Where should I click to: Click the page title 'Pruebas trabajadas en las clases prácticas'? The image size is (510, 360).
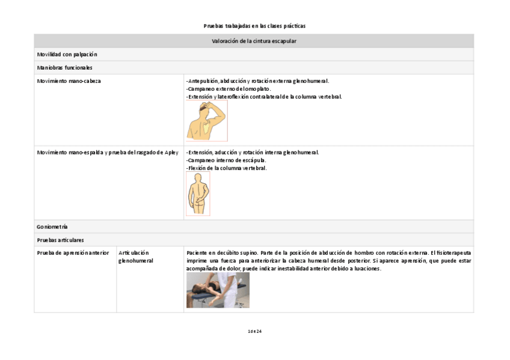click(x=254, y=26)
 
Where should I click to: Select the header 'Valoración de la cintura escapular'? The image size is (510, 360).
click(x=254, y=41)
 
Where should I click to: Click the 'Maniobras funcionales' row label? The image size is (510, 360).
click(x=64, y=68)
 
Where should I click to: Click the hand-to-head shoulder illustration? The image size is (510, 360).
click(x=206, y=121)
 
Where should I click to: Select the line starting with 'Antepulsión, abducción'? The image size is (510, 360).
click(x=257, y=81)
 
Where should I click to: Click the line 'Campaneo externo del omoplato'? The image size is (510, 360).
click(x=229, y=89)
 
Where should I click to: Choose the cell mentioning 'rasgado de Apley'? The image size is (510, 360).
click(x=108, y=153)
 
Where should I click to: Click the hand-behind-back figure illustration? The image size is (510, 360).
click(x=198, y=194)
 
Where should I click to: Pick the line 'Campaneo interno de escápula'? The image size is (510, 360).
click(x=226, y=160)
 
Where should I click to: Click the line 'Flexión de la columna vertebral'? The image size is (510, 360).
click(x=226, y=168)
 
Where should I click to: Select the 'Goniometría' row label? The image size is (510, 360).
click(x=52, y=227)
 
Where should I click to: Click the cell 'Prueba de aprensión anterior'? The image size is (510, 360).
click(x=73, y=253)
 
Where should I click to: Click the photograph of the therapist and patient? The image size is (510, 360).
click(x=218, y=290)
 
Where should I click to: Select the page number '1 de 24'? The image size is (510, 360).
click(x=254, y=331)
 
